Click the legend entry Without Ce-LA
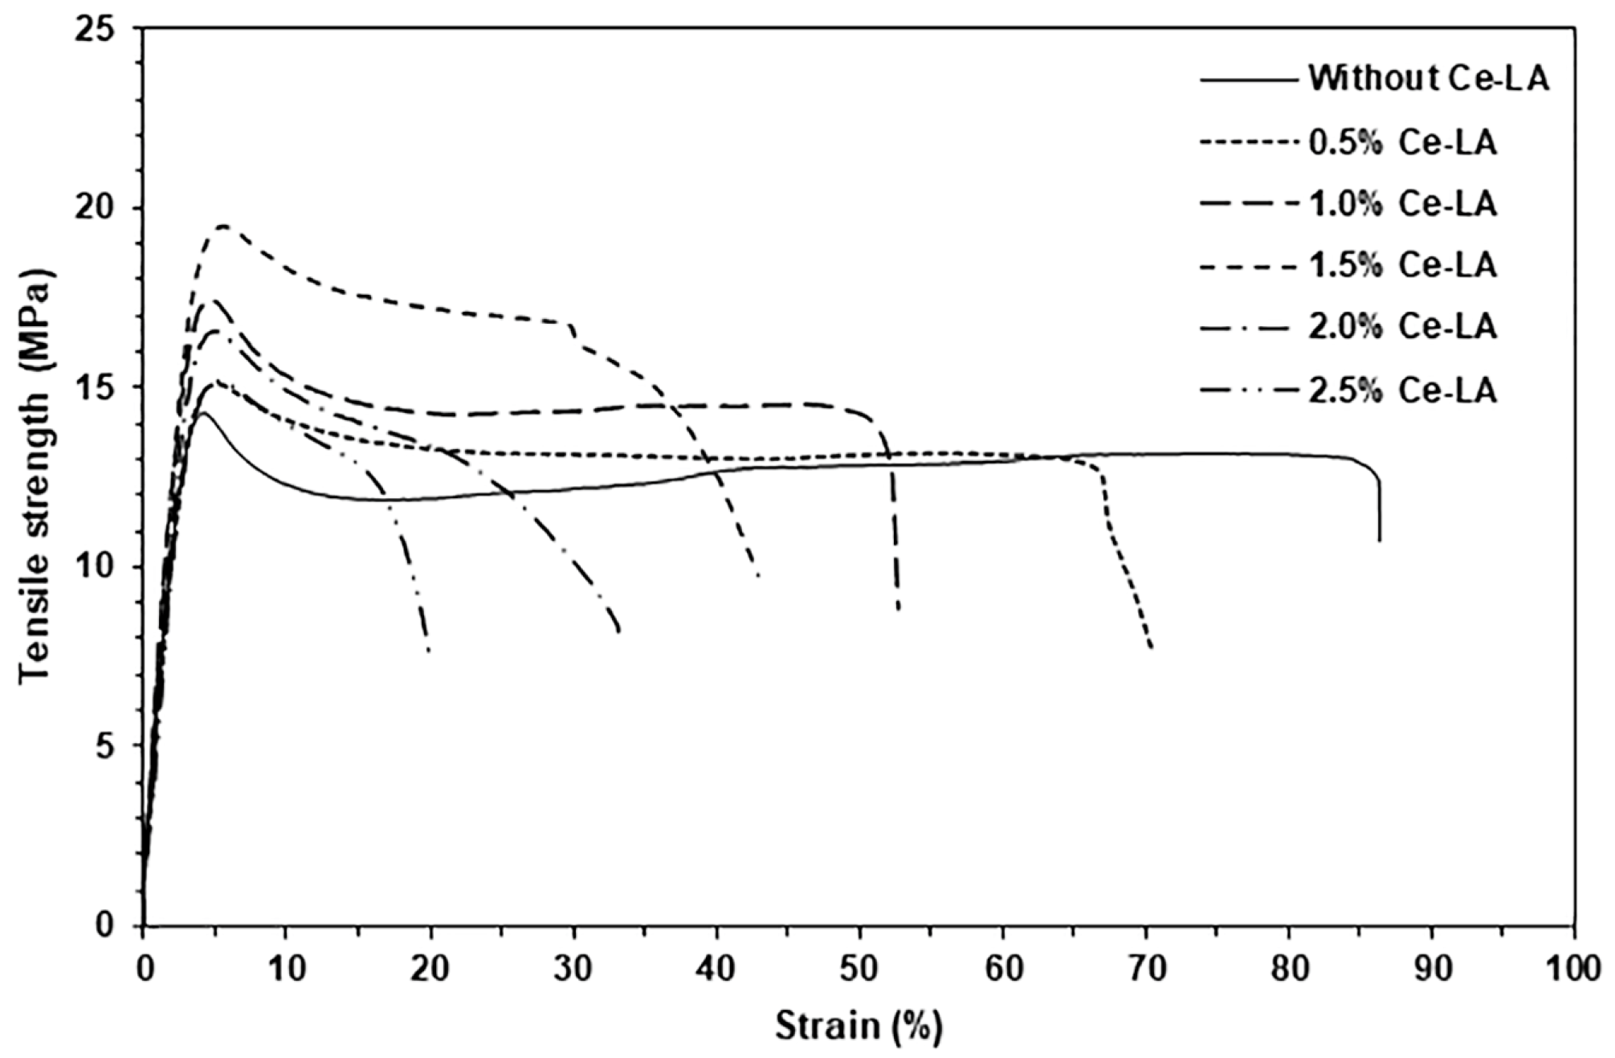click(1428, 79)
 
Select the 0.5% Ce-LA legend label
click(1403, 142)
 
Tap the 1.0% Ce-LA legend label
click(1403, 204)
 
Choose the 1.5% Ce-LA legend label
click(1403, 265)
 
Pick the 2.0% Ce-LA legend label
click(1403, 327)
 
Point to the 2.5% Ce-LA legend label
click(1403, 390)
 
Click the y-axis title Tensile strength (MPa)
click(35, 476)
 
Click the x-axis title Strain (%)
click(858, 1026)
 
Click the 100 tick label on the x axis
click(1572, 969)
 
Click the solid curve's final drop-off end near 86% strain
click(1380, 540)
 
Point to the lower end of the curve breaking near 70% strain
click(1152, 647)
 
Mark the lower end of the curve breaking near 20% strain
click(429, 651)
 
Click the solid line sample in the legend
click(1249, 80)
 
